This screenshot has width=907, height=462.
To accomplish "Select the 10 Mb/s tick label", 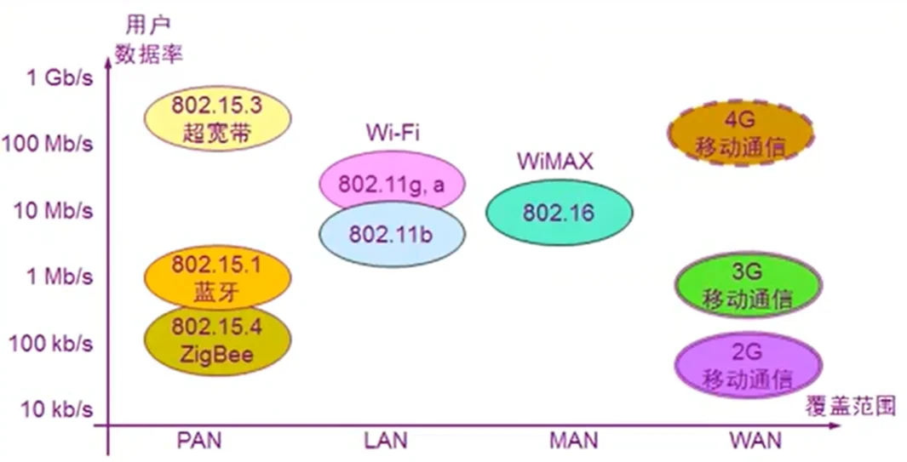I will click(53, 209).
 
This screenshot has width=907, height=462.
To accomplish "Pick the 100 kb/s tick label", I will click(51, 343).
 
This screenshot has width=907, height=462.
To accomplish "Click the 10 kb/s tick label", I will click(55, 409).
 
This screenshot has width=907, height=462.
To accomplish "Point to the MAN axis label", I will click(572, 441).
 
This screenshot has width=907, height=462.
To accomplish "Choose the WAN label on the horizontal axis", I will click(755, 441).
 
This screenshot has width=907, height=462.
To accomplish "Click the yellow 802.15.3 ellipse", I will click(216, 118).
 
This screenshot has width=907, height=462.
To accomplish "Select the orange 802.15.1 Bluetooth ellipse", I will click(216, 277).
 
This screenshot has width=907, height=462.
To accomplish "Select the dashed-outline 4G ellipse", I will click(739, 133).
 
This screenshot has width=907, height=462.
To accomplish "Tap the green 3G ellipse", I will click(748, 285).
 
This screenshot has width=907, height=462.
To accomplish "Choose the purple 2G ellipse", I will click(748, 365).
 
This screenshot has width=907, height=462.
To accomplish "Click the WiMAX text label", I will click(554, 161).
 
